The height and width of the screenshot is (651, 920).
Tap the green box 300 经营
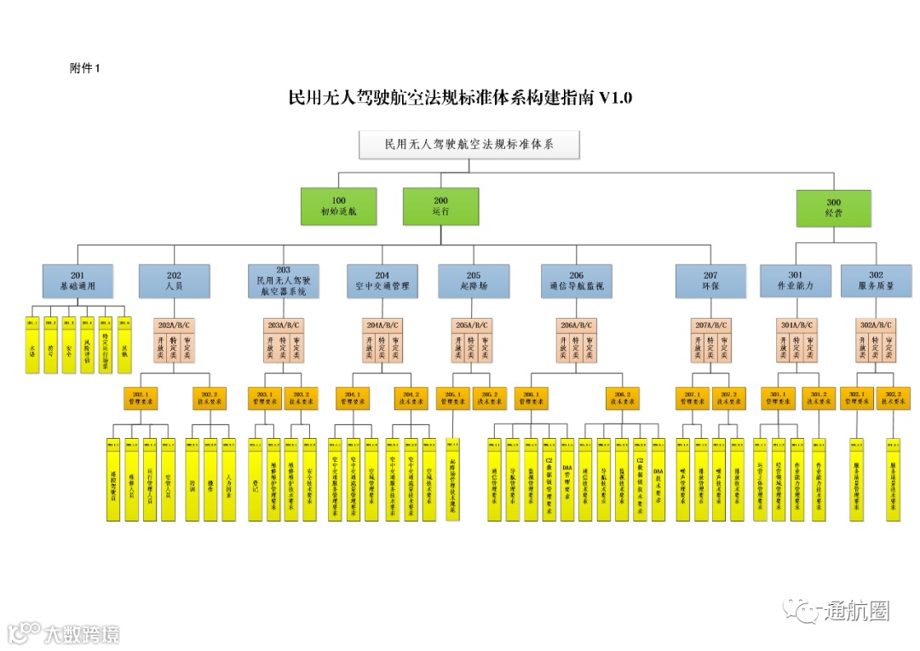coord(833,209)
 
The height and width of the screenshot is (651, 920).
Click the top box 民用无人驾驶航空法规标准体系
coord(469,145)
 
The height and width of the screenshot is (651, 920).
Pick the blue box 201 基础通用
coord(78,281)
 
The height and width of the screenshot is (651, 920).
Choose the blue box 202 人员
coord(175,281)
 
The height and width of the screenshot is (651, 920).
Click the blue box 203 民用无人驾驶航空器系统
coord(284,281)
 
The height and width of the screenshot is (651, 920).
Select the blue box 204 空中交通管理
coord(382,281)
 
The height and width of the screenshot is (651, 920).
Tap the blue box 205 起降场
coord(474,281)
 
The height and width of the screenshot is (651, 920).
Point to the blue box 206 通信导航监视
coord(577,281)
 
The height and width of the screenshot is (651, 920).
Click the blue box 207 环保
coord(710,281)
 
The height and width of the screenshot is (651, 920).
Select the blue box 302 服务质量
coord(876,281)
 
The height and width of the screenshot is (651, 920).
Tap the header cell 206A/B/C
coord(577,325)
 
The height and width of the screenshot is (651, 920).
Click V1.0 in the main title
coord(615,98)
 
